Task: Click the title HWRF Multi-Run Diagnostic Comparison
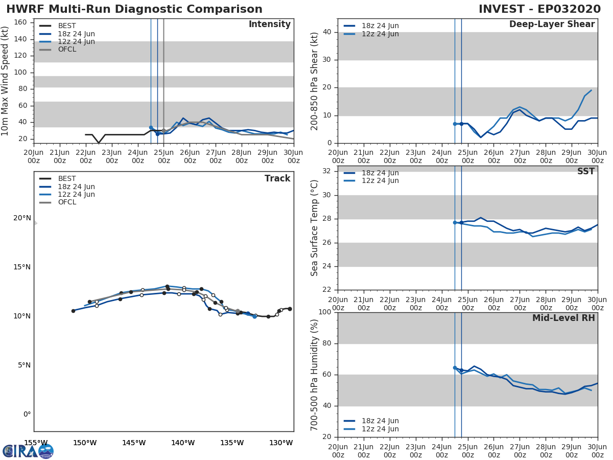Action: pos(134,9)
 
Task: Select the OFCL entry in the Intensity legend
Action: pos(67,50)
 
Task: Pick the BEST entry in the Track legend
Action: pos(67,179)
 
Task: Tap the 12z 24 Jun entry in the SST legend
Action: pos(380,181)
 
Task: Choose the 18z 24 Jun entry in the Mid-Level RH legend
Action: pos(380,421)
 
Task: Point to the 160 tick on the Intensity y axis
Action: pos(20,22)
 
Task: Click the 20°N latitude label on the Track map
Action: pos(22,218)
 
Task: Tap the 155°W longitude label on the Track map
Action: pos(36,443)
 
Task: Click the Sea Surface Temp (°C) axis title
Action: pos(315,228)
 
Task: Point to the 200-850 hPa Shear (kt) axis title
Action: pos(315,81)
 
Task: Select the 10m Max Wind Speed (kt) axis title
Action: pos(6,81)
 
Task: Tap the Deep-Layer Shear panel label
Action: pos(552,25)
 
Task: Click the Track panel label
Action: pos(277,178)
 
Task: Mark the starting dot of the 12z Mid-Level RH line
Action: pos(455,367)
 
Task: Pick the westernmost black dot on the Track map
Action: pos(73,311)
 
